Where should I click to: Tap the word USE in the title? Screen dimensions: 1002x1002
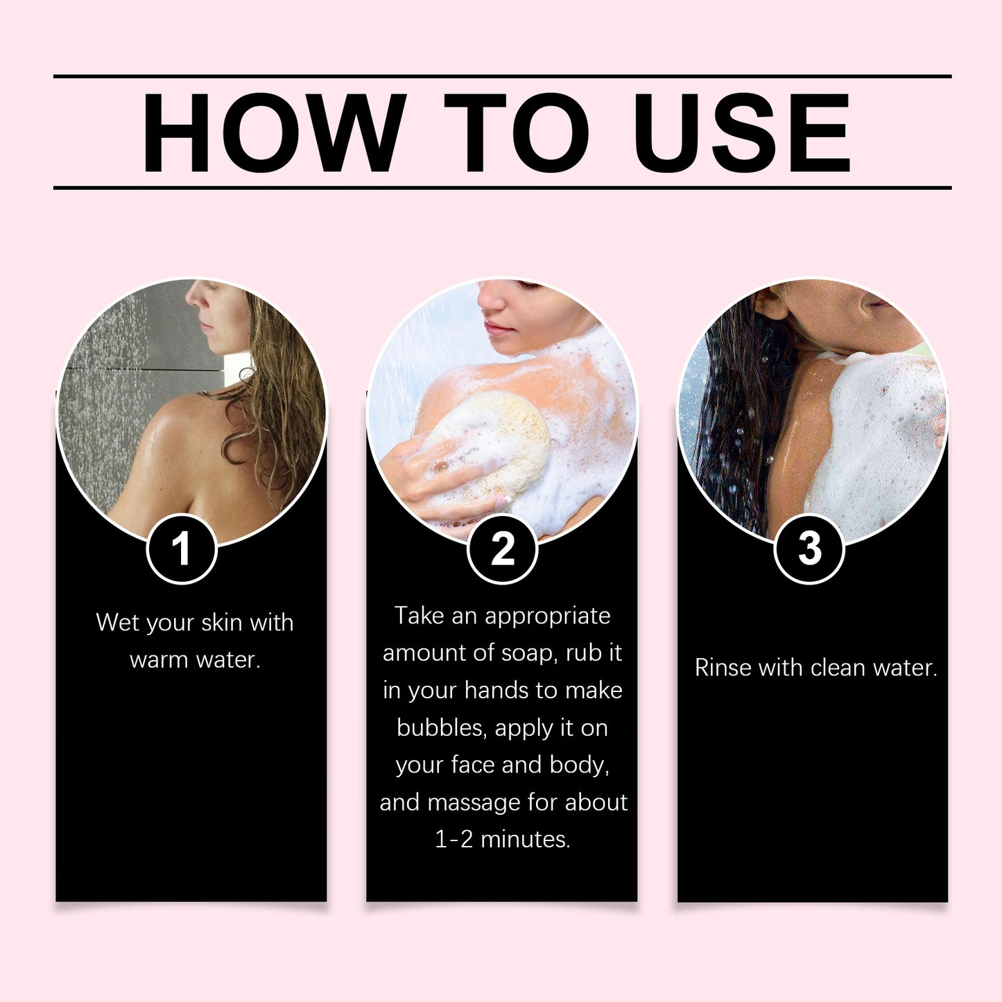[742, 132]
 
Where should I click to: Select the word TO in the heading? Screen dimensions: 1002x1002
[517, 132]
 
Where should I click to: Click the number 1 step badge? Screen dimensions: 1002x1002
[182, 549]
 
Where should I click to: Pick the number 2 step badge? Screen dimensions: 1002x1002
[503, 549]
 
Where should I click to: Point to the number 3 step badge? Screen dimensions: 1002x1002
[809, 549]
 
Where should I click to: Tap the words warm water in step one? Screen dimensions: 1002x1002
[195, 659]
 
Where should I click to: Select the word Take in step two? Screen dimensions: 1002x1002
[419, 616]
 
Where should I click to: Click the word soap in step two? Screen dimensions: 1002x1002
[534, 653]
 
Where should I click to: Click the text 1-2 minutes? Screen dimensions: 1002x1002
[503, 840]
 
